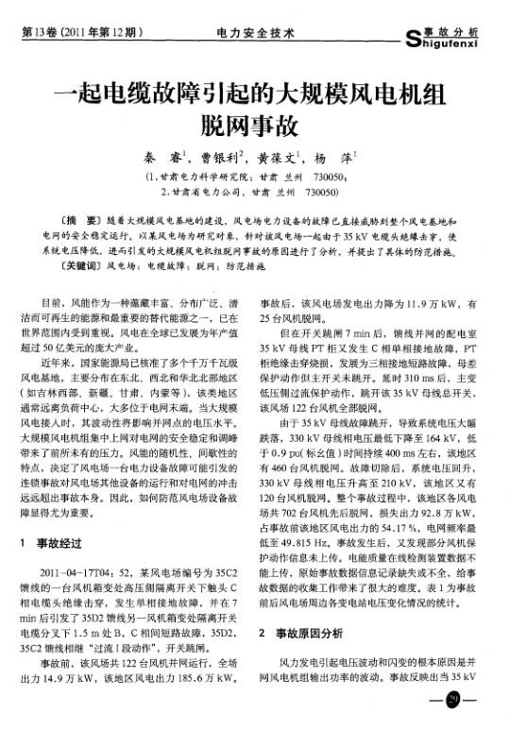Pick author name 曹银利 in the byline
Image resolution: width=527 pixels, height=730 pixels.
point(225,159)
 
